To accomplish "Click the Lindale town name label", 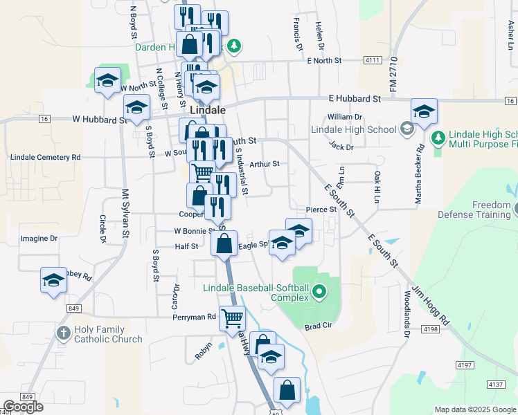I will coord(207,110).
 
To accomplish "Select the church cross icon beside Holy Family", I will coord(64,334).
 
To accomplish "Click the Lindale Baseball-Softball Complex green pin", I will coord(319,291).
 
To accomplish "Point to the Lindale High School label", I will coord(353,129).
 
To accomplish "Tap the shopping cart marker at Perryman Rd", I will coord(232,319).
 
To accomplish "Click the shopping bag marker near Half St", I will coord(224,243).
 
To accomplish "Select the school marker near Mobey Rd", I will coord(53,280).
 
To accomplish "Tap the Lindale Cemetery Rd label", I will coord(46,158).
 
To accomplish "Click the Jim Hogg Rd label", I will coord(431,304).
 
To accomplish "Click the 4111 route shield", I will coord(372,61).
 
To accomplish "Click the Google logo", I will coord(23,407).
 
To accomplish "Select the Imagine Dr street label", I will coord(39,239).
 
